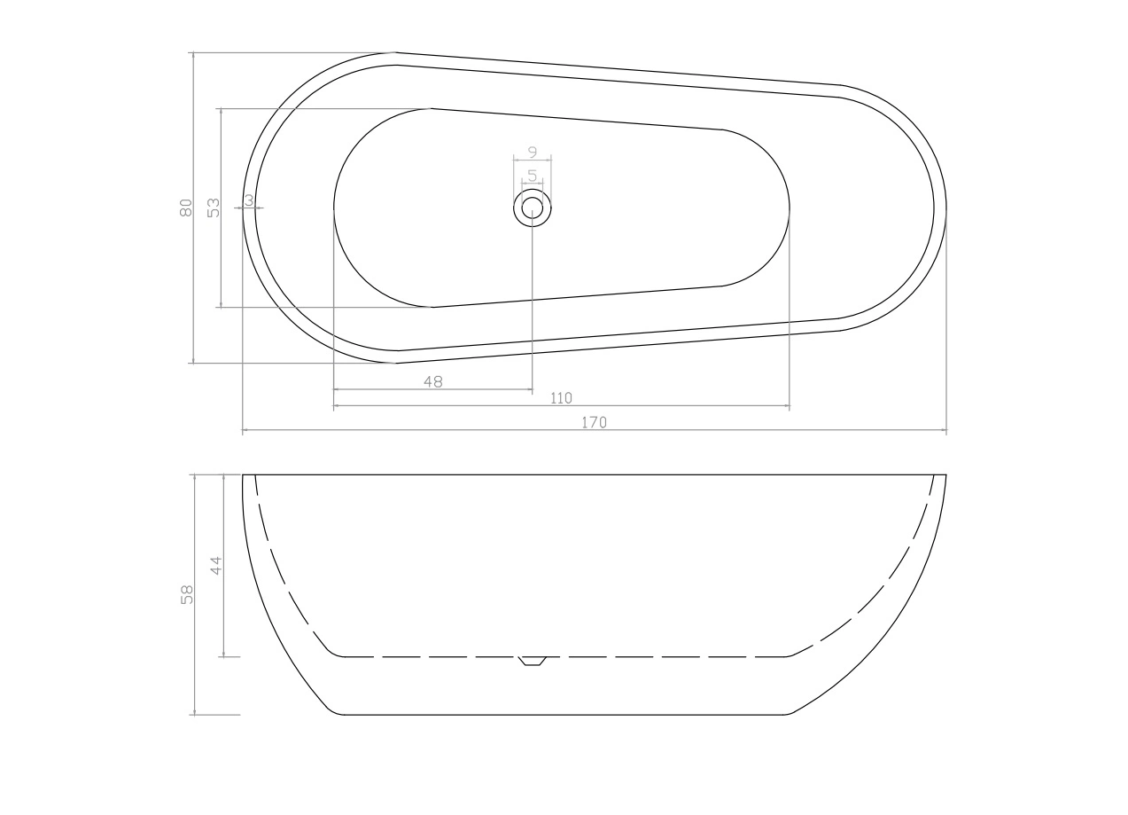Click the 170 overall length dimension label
tap(595, 422)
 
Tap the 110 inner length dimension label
tap(561, 398)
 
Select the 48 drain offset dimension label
tap(433, 382)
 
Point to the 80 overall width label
tap(186, 208)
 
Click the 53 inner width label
tap(214, 208)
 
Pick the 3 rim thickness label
tap(249, 200)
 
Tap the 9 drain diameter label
tap(533, 152)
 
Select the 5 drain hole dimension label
tap(533, 176)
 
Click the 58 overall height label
tap(187, 594)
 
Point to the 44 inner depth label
tap(215, 566)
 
